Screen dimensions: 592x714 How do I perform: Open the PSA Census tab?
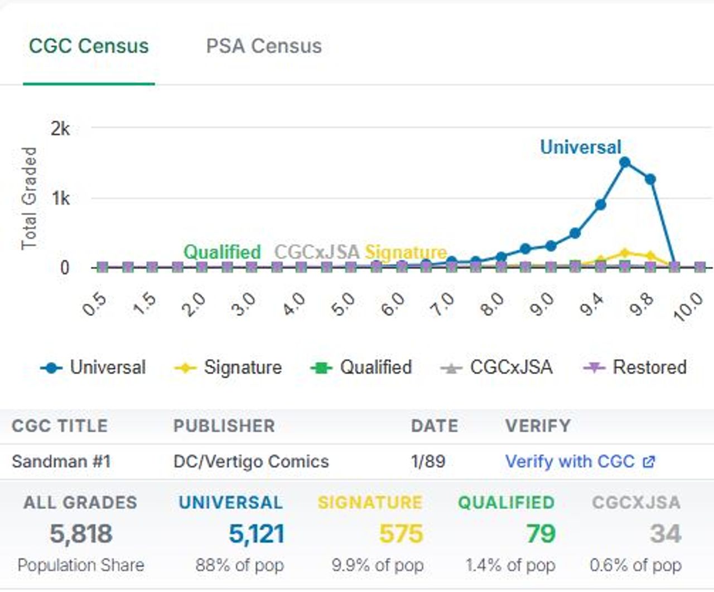coord(263,46)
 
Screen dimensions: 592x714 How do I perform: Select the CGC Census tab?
coord(89,46)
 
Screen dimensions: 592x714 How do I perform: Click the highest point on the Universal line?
coord(625,162)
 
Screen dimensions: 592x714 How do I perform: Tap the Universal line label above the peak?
coord(580,147)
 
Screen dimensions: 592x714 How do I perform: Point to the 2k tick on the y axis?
coord(60,129)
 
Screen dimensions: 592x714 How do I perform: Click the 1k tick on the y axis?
coord(60,198)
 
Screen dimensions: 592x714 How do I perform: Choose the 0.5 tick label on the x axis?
coord(94,304)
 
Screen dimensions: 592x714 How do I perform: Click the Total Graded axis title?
coord(29,198)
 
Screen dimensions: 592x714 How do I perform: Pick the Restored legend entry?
coord(636,367)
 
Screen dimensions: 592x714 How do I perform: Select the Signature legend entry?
coord(229,367)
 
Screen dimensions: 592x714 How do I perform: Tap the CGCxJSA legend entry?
coord(497,367)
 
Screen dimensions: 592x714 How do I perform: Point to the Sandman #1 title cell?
coord(61,461)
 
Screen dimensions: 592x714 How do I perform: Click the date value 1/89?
coord(428,461)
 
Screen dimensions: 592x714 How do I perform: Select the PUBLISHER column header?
coord(224,426)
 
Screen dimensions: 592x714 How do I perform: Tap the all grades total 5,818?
coord(81,534)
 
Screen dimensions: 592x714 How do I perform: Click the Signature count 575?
coord(401,534)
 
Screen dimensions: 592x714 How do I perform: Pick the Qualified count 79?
coord(541,534)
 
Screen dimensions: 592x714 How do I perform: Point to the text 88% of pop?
coord(239,565)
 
